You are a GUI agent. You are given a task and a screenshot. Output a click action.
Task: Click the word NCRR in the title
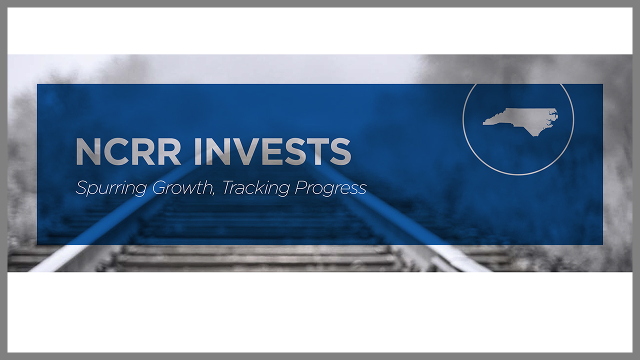(x=128, y=151)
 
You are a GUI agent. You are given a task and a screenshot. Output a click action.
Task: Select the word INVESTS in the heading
(x=272, y=151)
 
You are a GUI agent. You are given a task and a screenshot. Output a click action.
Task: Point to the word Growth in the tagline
(x=181, y=187)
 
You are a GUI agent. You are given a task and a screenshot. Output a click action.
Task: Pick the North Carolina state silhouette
(x=520, y=121)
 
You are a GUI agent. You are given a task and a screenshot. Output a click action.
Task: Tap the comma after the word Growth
(x=212, y=194)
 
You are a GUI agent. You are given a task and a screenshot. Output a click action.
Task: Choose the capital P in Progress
(x=301, y=187)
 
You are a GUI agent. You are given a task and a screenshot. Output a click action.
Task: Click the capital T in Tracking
(x=229, y=187)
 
